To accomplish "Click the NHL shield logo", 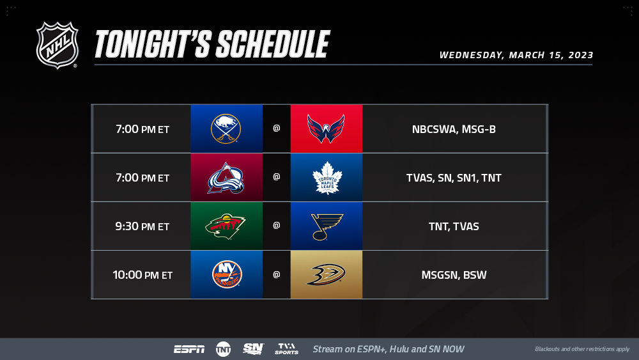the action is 57,45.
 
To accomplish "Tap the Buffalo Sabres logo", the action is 226,129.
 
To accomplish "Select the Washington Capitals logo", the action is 326,129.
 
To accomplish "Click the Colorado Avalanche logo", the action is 226,178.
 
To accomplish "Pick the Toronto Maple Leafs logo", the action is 327,178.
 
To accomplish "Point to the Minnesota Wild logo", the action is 226,226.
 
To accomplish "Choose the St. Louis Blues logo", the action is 327,227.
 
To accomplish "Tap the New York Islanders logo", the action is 227,274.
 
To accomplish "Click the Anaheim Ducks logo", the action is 326,275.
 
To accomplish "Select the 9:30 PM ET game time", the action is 142,226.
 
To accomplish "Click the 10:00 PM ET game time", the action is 142,275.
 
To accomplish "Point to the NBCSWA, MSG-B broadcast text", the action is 454,129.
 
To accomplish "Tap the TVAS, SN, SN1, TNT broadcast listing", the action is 454,178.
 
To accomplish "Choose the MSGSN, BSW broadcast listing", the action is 454,275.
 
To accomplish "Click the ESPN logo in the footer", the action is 189,349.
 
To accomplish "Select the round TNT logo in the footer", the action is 223,349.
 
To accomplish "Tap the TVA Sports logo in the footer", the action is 286,349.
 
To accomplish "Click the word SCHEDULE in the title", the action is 273,44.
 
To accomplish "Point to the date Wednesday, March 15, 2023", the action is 516,55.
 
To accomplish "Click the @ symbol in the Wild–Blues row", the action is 276,226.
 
